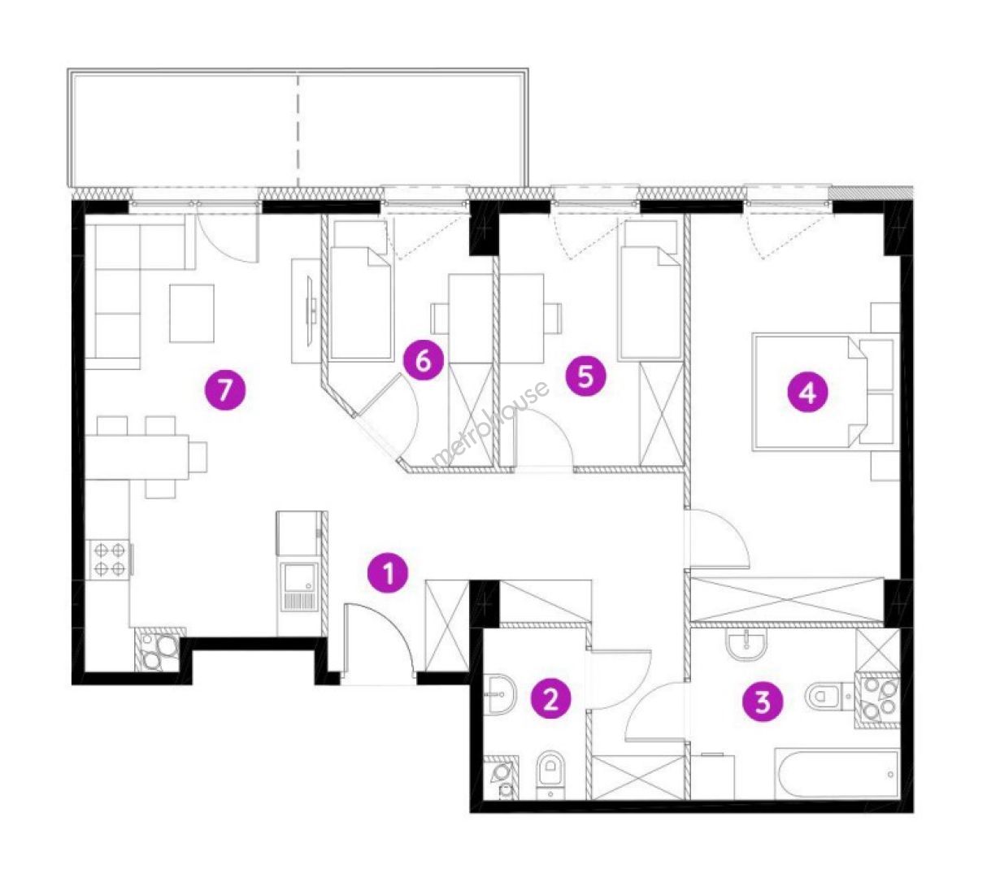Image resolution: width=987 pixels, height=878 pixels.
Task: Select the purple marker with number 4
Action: coord(807,393)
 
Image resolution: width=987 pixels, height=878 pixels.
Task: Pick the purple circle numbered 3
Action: coord(763,703)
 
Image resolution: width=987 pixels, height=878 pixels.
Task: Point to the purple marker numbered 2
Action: coord(550,700)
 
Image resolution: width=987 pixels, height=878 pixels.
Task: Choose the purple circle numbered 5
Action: coord(585,376)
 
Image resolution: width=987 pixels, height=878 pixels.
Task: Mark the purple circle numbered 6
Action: coord(423,362)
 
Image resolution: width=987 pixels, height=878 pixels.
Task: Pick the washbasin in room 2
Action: coord(501,694)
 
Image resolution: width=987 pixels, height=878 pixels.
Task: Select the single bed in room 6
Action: coord(361,303)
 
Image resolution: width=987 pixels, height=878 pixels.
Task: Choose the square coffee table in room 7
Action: coord(191,313)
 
